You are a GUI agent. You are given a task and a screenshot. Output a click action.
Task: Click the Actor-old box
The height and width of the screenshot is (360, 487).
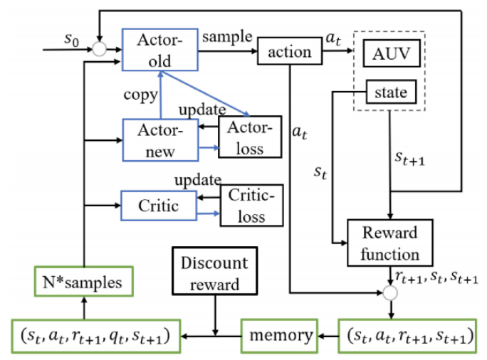tap(160, 50)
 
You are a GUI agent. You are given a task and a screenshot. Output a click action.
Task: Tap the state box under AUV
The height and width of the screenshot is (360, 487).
tap(389, 92)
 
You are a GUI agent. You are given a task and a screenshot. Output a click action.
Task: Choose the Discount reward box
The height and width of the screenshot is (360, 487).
tap(214, 272)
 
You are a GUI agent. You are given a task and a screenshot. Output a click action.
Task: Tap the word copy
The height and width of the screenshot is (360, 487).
tap(140, 94)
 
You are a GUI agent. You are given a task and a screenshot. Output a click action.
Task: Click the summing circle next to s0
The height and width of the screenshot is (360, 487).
tap(100, 50)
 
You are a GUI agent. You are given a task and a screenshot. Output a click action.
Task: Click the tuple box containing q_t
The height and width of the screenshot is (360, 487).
tap(97, 334)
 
